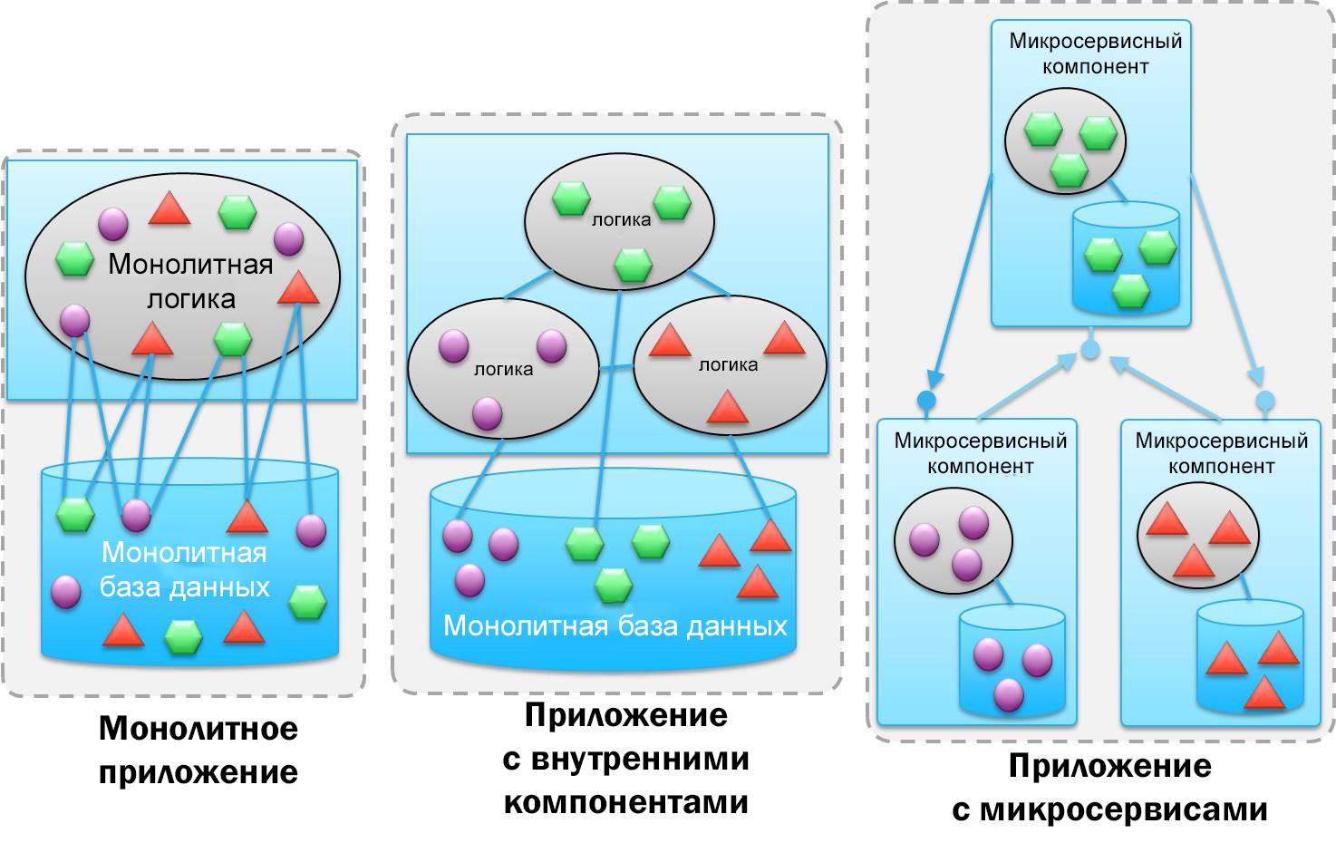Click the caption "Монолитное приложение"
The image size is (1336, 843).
click(x=198, y=750)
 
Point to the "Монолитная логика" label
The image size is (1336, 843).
click(x=190, y=280)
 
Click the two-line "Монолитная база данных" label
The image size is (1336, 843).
click(x=185, y=569)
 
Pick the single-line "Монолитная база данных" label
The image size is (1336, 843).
click(x=615, y=625)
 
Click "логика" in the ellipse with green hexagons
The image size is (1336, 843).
click(x=621, y=219)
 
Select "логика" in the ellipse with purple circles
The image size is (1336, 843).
click(x=503, y=369)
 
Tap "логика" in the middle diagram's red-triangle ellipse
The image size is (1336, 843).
click(x=728, y=364)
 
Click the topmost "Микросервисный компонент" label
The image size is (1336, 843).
click(x=1095, y=53)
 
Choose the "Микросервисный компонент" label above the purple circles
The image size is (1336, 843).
click(x=980, y=453)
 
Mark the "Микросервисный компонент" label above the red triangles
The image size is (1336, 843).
click(x=1221, y=453)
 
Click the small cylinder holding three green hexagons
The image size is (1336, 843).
click(x=1126, y=263)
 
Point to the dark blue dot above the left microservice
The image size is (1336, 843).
click(x=925, y=400)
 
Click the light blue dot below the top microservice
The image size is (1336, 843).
click(x=1091, y=349)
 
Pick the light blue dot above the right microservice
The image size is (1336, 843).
click(x=1264, y=401)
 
